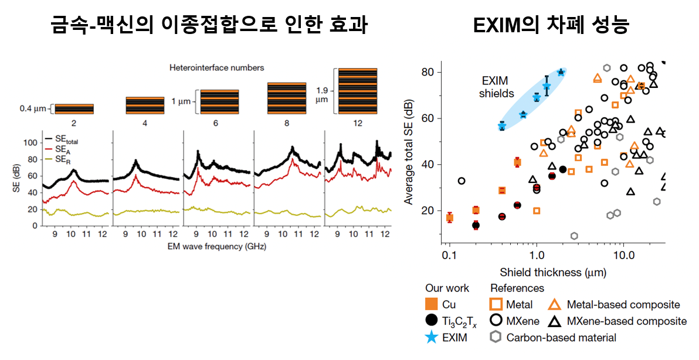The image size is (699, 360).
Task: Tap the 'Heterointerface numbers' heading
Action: (216, 68)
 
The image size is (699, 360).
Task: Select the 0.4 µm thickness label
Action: (33, 108)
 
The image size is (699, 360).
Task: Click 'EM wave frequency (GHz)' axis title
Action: (216, 246)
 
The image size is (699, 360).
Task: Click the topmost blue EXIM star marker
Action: (561, 72)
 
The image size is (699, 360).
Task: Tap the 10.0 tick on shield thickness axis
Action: (623, 257)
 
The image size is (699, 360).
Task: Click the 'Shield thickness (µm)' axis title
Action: (552, 272)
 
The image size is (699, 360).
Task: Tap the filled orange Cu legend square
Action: (432, 304)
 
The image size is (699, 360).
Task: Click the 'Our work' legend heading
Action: (447, 288)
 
